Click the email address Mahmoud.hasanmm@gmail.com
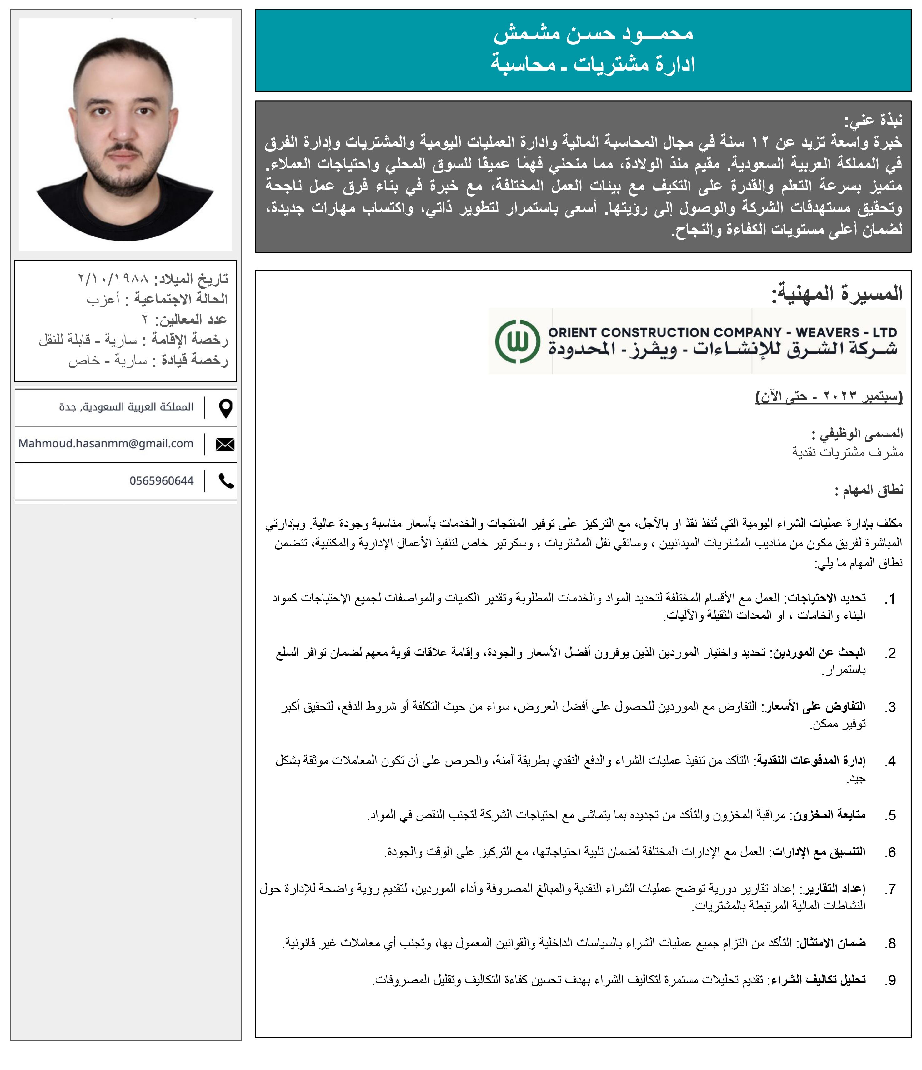pyautogui.click(x=106, y=444)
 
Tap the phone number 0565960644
pyautogui.click(x=161, y=481)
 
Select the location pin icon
pyautogui.click(x=226, y=408)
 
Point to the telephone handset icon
pyautogui.click(x=226, y=481)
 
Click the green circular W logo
pyautogui.click(x=517, y=341)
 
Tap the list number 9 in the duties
pyautogui.click(x=890, y=980)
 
